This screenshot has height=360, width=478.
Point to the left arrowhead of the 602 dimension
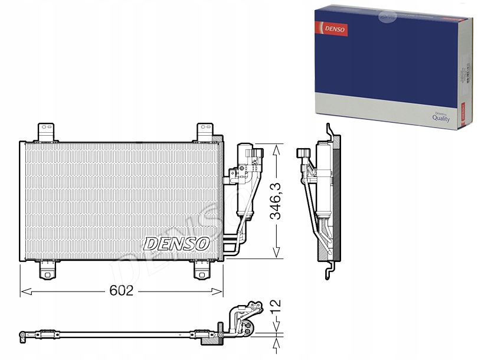coord(24,291)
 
